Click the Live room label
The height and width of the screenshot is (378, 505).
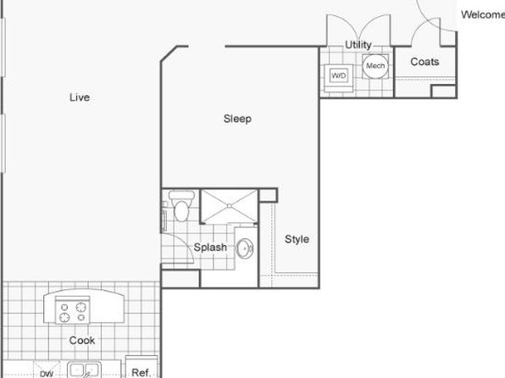point(80,97)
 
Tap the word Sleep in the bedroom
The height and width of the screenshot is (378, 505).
point(237,119)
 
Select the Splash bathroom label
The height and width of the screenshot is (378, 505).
point(210,247)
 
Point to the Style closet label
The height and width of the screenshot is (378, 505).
point(297,239)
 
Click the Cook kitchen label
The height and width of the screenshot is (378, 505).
point(82,341)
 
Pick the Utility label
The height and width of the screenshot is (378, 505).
point(358,45)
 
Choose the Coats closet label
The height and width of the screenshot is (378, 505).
point(425,62)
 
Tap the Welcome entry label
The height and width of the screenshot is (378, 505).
point(483,14)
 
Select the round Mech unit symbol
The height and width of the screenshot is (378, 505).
point(375,66)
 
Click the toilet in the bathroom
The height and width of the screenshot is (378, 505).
point(181,206)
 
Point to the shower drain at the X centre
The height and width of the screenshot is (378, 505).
point(229,206)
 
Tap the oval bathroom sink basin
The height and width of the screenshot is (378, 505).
point(245,248)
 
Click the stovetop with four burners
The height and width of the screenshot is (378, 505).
point(73,310)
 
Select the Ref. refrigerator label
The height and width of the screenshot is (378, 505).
point(141,373)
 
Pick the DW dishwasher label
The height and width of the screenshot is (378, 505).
point(47,374)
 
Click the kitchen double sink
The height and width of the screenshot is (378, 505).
point(84,370)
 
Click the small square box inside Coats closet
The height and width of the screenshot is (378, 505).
point(443,91)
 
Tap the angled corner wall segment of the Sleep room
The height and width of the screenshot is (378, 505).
point(169,53)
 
